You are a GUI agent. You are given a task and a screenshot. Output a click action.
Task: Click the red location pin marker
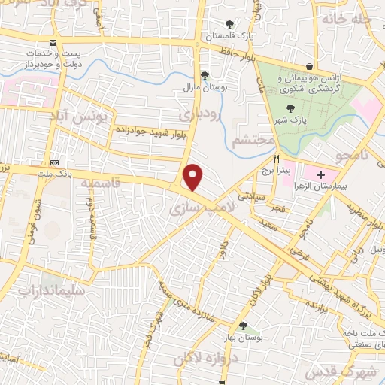click(194, 177)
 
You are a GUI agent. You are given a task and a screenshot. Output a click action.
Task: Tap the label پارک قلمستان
click(232, 35)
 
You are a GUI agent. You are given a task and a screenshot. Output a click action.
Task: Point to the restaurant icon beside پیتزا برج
click(276, 159)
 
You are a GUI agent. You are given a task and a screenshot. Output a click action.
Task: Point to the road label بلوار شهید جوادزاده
click(150, 133)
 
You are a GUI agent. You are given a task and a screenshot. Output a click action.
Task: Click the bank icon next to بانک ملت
click(54, 163)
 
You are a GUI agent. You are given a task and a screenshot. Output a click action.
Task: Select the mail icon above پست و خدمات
click(51, 44)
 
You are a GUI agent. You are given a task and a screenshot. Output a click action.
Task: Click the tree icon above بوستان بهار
click(243, 326)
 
